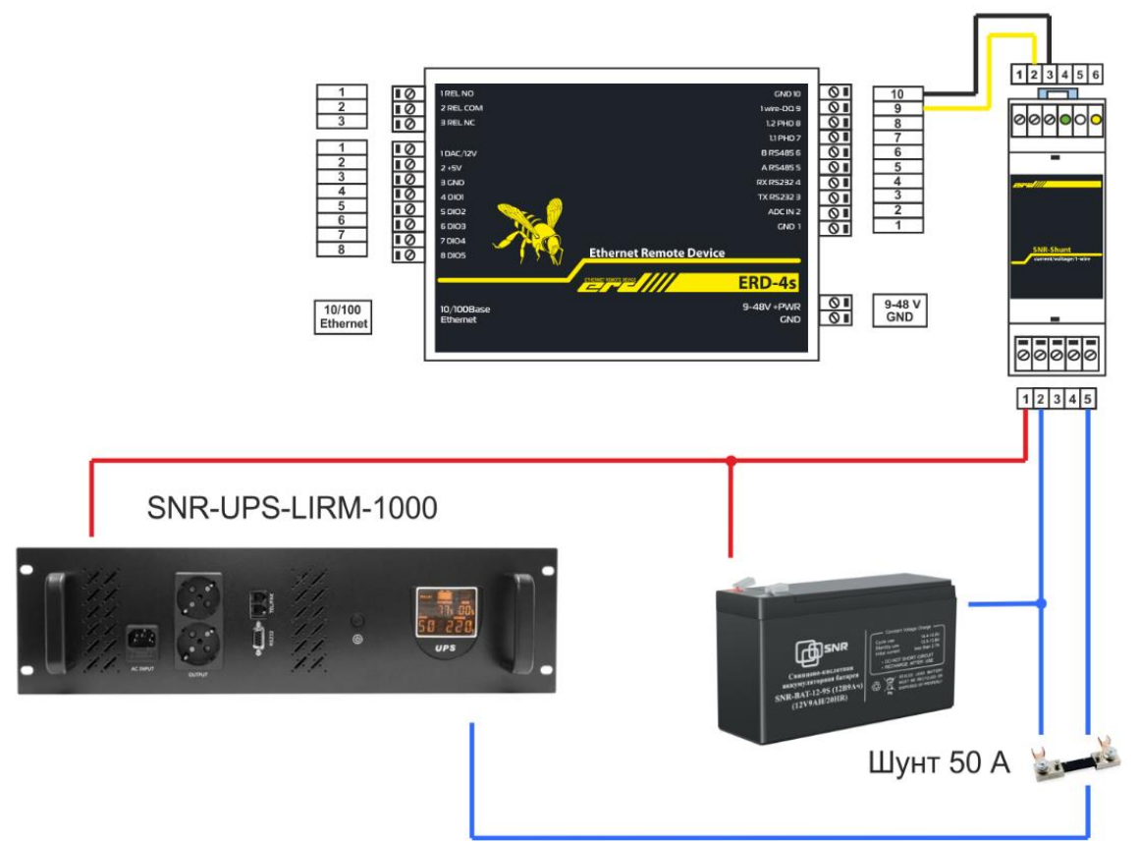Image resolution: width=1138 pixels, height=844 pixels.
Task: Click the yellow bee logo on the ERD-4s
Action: [529, 229]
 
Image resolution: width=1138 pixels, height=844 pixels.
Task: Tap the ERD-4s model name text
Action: [765, 283]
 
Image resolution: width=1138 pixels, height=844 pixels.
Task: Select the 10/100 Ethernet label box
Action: [343, 316]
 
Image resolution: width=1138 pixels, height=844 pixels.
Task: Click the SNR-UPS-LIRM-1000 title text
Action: [292, 508]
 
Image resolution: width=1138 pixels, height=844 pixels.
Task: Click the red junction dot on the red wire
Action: [731, 460]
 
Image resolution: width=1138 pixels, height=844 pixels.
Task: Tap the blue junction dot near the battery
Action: [1042, 602]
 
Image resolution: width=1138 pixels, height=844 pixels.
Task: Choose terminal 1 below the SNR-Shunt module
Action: [1025, 399]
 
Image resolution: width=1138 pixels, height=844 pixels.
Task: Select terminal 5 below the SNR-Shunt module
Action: [1088, 399]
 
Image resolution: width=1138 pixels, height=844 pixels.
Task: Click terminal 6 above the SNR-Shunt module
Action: [1096, 74]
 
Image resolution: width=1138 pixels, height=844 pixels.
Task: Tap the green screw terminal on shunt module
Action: [1065, 119]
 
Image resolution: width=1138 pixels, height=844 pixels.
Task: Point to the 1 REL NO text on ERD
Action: [458, 93]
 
